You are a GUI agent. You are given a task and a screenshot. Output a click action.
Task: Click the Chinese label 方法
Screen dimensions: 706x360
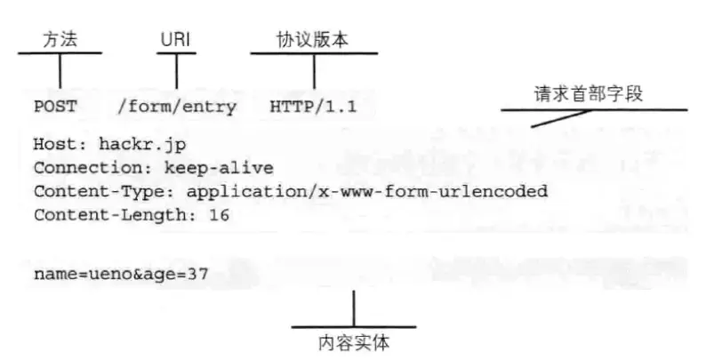pos(59,41)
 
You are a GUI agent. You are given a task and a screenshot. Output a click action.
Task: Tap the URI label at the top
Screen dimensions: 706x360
pos(175,41)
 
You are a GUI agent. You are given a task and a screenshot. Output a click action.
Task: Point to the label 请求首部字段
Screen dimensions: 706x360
pos(588,94)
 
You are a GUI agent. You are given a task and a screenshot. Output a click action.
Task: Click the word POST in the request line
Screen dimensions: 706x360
pos(55,108)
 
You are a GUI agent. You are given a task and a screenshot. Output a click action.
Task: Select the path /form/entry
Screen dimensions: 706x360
pos(177,108)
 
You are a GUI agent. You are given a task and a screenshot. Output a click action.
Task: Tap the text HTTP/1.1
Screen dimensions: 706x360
pos(313,108)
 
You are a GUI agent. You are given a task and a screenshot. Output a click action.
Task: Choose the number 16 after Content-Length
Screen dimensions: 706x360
pos(219,215)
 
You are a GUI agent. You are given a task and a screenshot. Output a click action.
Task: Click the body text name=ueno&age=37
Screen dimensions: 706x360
pos(121,274)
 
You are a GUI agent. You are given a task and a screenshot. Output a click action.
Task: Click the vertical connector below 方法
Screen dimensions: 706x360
pos(60,70)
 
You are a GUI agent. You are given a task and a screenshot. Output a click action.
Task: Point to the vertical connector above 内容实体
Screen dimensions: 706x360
pos(354,308)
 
